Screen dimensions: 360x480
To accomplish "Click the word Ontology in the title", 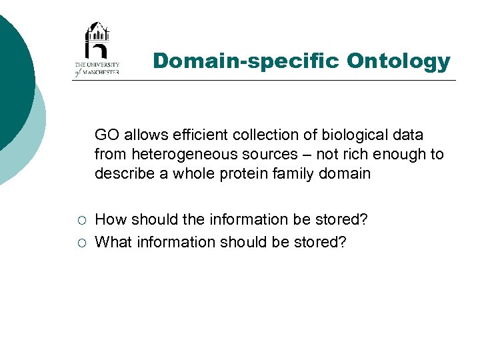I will (x=398, y=62).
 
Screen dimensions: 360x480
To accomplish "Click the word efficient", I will (x=199, y=135).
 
